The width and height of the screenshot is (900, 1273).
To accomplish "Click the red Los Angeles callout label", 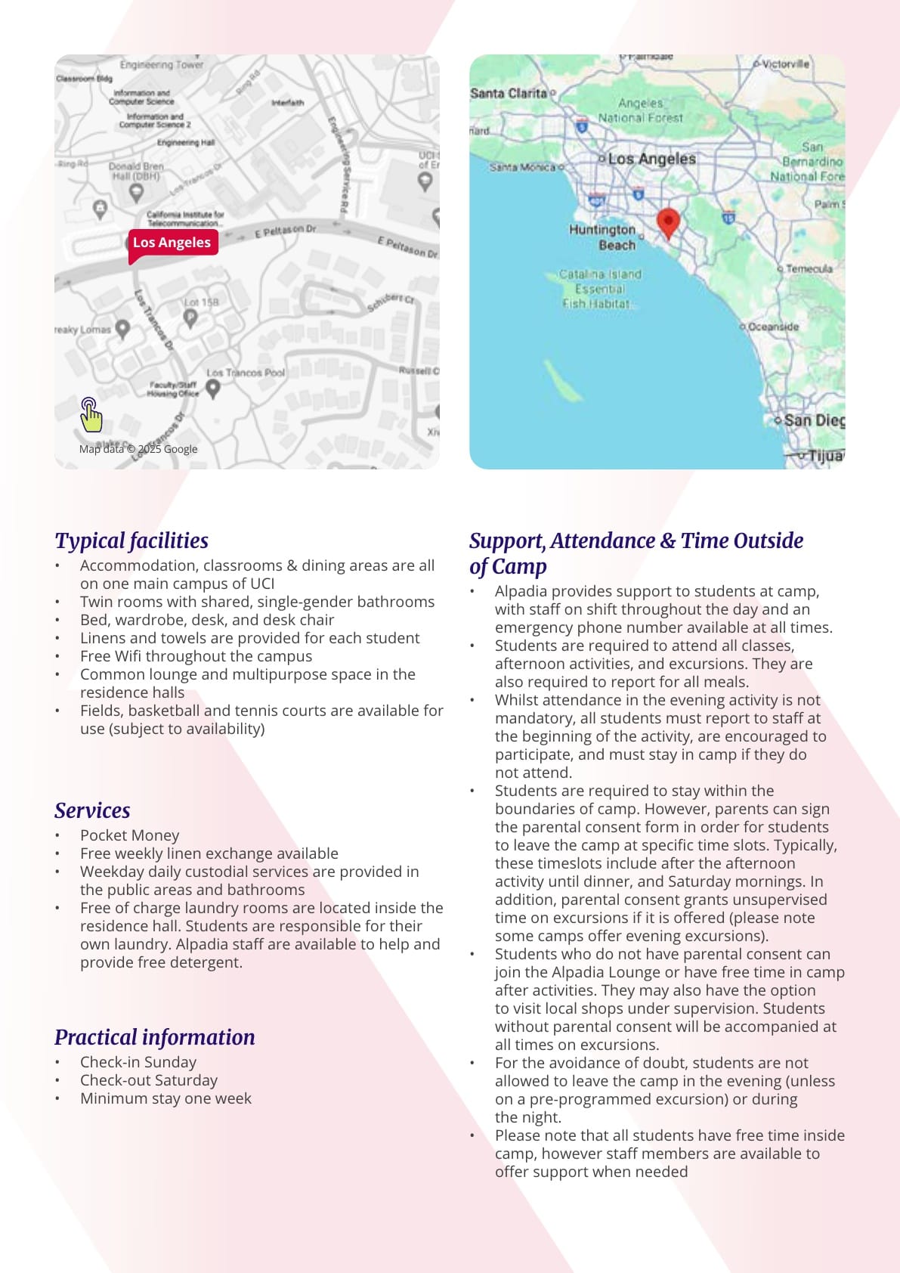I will point(172,243).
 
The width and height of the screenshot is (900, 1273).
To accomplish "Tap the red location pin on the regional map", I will point(668,221).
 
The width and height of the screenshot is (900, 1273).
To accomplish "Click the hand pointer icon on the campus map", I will point(91,414).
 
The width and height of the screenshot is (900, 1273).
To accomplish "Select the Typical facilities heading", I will point(131,540).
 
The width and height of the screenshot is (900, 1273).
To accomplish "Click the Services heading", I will point(92,810).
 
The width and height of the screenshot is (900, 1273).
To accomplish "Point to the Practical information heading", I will point(155,1037).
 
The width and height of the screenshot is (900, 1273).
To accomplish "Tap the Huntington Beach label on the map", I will point(603,237).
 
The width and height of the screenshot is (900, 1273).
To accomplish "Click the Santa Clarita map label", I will point(508,94).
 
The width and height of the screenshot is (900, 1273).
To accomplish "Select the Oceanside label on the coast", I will point(772,327).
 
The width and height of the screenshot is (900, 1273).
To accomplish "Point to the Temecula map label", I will point(809,268).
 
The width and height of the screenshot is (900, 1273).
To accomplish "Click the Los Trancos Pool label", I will point(246,373).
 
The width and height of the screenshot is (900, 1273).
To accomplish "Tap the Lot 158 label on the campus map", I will point(201,302).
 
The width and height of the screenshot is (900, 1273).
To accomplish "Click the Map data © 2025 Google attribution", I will point(138,449).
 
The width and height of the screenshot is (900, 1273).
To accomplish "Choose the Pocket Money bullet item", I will point(130,835).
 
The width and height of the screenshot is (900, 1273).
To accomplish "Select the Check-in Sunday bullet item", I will point(138,1062).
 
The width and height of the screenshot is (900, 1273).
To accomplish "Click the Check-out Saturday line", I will point(149,1080).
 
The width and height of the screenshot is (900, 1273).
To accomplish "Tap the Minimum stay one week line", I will point(166,1098).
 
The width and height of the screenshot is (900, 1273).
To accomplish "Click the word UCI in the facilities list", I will point(262,584).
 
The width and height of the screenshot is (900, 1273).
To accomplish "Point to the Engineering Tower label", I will point(162,65).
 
